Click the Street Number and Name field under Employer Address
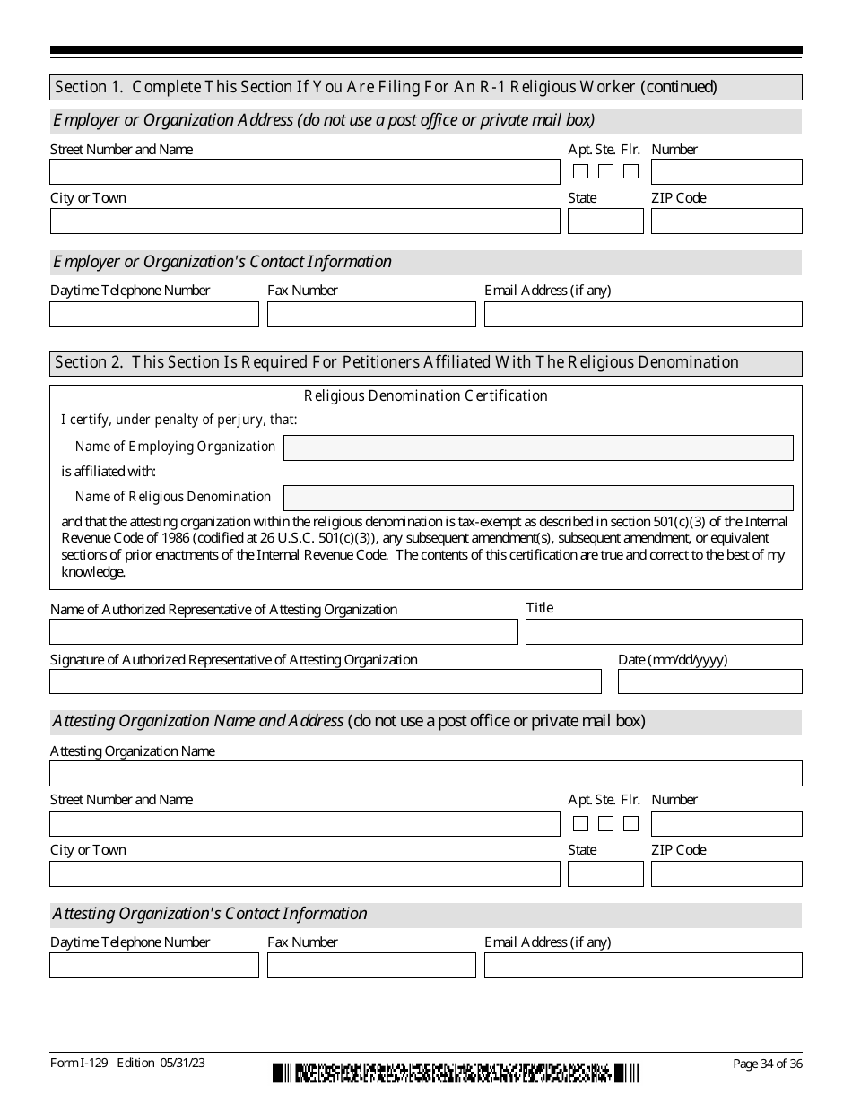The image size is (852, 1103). tap(304, 172)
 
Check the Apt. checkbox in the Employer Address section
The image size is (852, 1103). tap(581, 171)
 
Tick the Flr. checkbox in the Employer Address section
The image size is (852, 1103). tap(631, 171)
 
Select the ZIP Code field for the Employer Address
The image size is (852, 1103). tap(726, 221)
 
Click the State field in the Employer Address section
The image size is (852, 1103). tap(605, 221)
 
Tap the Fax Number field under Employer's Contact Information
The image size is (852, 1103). tap(371, 315)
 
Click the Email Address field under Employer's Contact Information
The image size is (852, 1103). tap(643, 315)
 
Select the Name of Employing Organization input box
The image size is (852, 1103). tap(538, 448)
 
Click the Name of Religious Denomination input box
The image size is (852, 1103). tap(538, 499)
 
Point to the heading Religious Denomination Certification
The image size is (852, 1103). tap(426, 396)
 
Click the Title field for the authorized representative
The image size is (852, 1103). tap(664, 632)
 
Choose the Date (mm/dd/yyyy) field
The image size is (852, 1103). tap(709, 682)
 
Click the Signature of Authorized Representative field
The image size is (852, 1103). tap(325, 682)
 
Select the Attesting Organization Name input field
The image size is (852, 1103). tap(426, 774)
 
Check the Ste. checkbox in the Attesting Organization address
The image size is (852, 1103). tap(606, 823)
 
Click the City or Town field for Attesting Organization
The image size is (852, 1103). tap(304, 873)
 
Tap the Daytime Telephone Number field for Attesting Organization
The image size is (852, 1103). tap(153, 966)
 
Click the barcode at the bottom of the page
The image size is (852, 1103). tap(456, 1073)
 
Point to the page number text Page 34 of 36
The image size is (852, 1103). tap(768, 1064)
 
